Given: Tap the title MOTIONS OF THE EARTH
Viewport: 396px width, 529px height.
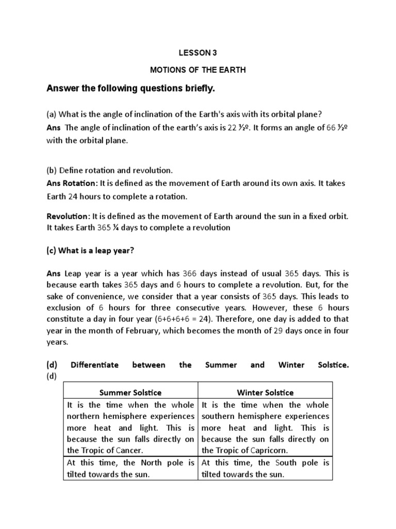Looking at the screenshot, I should pos(197,70).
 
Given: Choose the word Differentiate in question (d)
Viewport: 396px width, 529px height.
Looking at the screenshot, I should pos(94,365).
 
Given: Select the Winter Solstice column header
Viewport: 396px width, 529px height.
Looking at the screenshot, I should pos(265,393).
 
